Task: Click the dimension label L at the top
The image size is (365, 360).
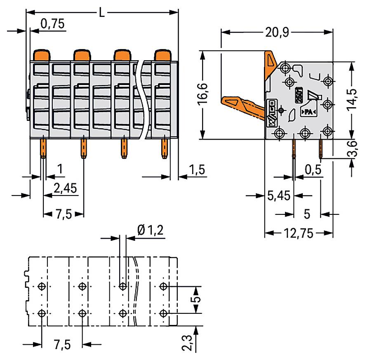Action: [102, 12]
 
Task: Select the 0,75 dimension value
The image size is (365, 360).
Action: [52, 24]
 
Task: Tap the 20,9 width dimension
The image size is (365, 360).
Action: [277, 32]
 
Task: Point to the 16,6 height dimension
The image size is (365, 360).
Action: [203, 94]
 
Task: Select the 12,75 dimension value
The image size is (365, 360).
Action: [299, 233]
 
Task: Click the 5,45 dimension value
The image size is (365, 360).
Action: [279, 195]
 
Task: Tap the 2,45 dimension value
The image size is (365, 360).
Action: [65, 188]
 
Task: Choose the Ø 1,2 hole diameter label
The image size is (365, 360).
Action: [150, 230]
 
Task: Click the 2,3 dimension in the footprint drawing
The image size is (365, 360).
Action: [187, 343]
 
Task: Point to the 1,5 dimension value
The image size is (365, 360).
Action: [197, 169]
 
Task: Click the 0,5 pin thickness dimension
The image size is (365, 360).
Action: [313, 169]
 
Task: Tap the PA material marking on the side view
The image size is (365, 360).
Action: [308, 112]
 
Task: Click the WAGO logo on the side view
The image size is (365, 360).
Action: [272, 114]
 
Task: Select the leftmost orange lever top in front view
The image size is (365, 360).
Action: [42, 55]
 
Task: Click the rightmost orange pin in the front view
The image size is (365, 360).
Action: [165, 148]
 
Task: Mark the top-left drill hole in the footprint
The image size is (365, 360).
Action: [42, 286]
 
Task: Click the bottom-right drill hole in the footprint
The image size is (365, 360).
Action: [163, 313]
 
